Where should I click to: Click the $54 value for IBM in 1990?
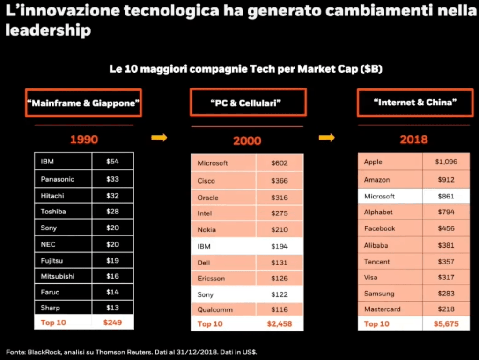(x=112, y=162)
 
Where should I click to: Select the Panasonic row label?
(x=58, y=179)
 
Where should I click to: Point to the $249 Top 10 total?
(x=112, y=322)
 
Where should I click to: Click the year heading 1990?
(x=84, y=139)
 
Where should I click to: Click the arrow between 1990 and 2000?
(x=159, y=138)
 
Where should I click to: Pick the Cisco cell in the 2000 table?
(x=206, y=181)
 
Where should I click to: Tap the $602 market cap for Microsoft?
(x=280, y=163)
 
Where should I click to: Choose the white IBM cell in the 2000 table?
(x=204, y=246)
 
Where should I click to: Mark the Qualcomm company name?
(x=215, y=309)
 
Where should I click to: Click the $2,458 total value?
(x=279, y=323)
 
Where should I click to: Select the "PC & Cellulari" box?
(x=248, y=103)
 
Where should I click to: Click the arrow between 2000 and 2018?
(x=327, y=138)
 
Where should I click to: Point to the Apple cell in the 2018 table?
(x=373, y=162)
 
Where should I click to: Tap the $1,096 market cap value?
(x=446, y=162)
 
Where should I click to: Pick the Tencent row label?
(x=377, y=262)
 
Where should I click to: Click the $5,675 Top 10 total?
(x=446, y=323)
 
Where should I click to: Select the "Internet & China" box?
(x=415, y=103)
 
